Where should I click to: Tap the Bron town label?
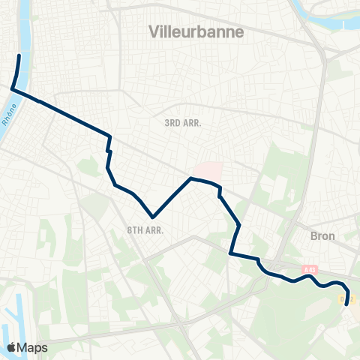(x=322, y=235)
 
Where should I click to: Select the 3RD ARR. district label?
(x=183, y=122)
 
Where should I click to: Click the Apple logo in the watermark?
(x=12, y=347)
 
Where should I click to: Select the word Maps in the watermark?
(x=33, y=347)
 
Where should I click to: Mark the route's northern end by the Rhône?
(x=19, y=55)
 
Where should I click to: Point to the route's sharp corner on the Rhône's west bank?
(x=12, y=88)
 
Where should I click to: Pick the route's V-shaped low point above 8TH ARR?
(x=153, y=214)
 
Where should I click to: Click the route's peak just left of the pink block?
(x=191, y=178)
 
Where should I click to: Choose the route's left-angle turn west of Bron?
(x=230, y=254)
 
